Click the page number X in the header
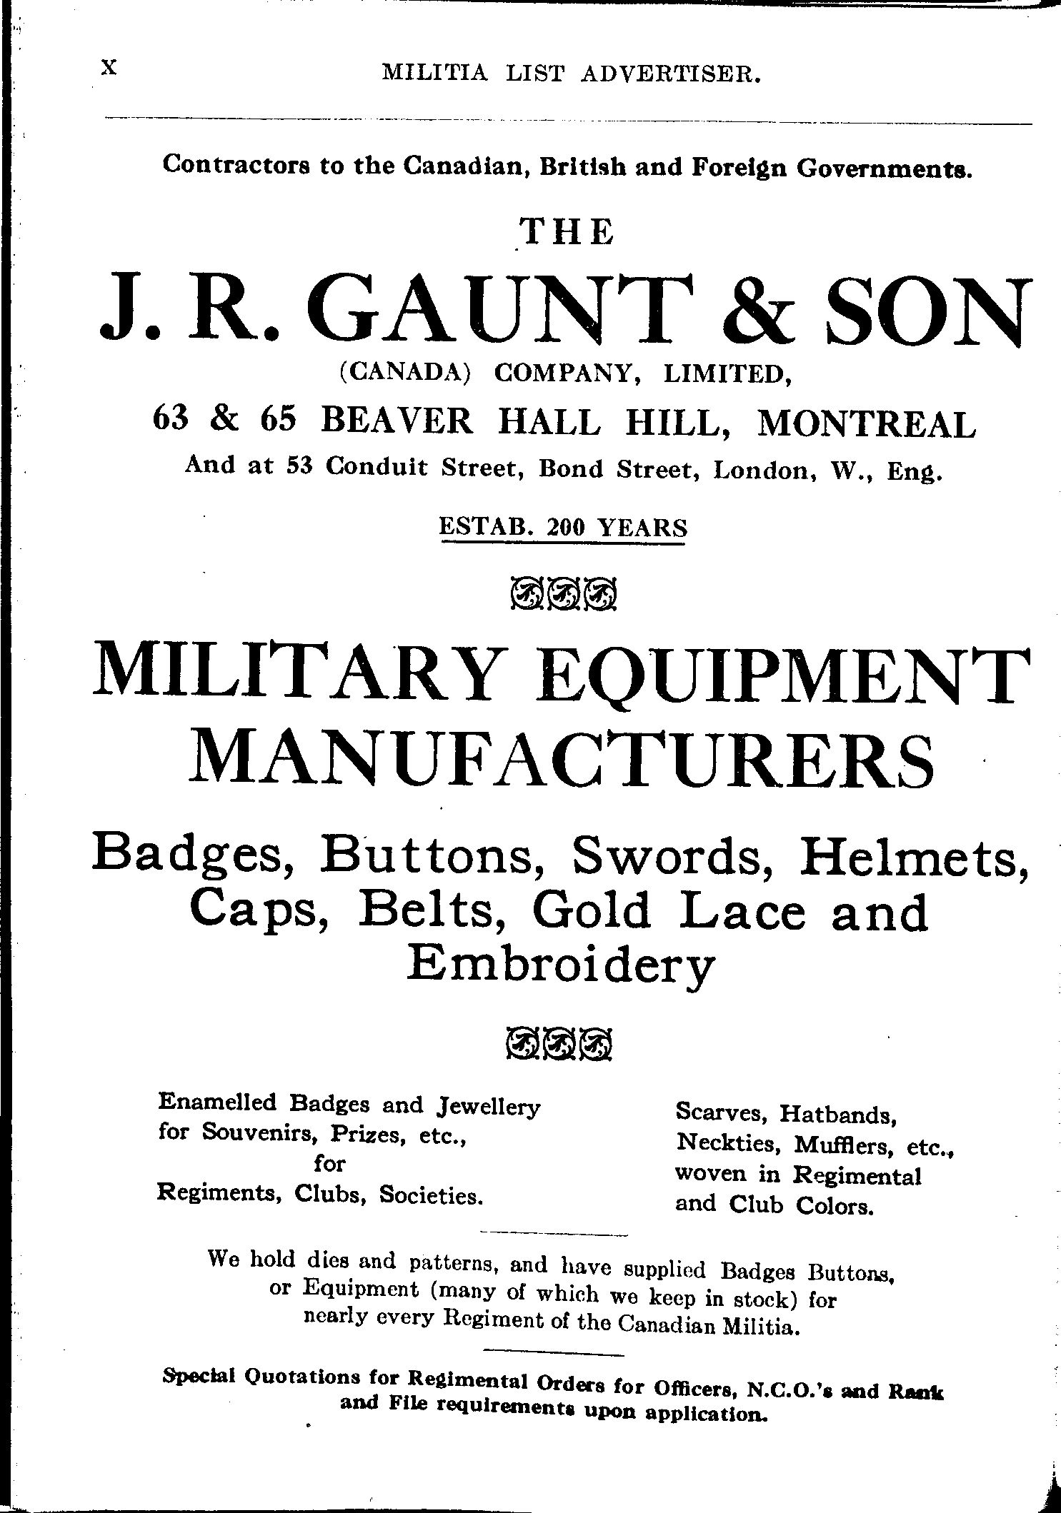click(x=109, y=67)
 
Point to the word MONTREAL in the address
click(x=866, y=424)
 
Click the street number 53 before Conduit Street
click(x=302, y=466)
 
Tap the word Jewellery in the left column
click(x=487, y=1106)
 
